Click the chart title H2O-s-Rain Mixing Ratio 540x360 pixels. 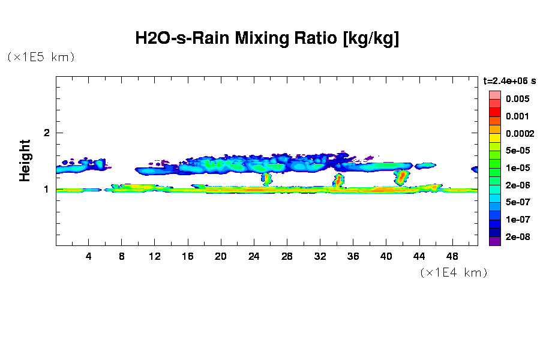(267, 39)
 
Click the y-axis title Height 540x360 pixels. (25, 160)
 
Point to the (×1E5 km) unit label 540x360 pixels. (41, 58)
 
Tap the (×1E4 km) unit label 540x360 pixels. (454, 273)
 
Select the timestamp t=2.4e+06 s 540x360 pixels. (509, 80)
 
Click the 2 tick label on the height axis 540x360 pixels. (46, 133)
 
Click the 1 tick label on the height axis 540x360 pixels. (46, 190)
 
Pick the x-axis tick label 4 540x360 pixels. (89, 256)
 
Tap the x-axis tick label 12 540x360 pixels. (155, 256)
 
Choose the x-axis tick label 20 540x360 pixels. (221, 256)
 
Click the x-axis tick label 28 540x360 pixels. (287, 256)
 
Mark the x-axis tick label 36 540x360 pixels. (353, 256)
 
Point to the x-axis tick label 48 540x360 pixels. (452, 256)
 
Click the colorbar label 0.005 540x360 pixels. (517, 98)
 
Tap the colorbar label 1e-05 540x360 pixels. (516, 168)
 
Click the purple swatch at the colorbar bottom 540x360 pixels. (494, 241)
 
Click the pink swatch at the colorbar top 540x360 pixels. (494, 95)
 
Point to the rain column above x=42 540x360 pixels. (401, 177)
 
